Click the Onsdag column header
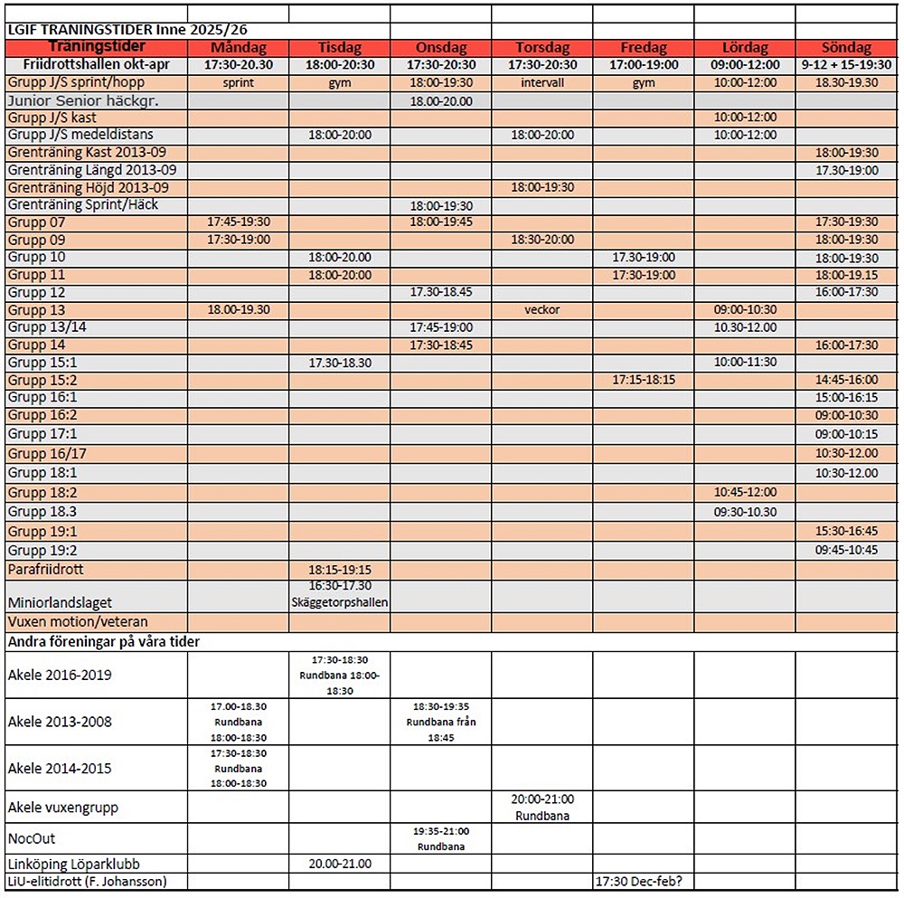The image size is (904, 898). coord(440,48)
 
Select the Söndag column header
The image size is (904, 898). coord(847,48)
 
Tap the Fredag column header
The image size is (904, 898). coord(644,48)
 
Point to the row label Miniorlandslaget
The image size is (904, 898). coord(60,601)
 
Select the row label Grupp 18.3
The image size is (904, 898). coord(42,511)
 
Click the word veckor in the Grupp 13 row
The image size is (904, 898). coord(542,309)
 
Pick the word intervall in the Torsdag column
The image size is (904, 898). coord(542,82)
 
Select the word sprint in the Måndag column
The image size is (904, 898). coord(239,82)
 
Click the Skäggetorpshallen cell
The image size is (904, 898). coord(340,601)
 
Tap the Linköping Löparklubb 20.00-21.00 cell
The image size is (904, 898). coord(340,864)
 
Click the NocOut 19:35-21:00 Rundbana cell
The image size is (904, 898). coord(440,838)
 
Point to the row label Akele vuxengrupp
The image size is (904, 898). coord(62,807)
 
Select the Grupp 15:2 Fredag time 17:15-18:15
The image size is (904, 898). coord(644,380)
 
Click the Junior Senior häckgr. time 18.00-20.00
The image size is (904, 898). coord(440,100)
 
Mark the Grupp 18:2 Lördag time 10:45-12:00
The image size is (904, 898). coord(745,492)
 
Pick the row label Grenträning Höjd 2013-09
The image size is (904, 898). coord(87,187)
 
